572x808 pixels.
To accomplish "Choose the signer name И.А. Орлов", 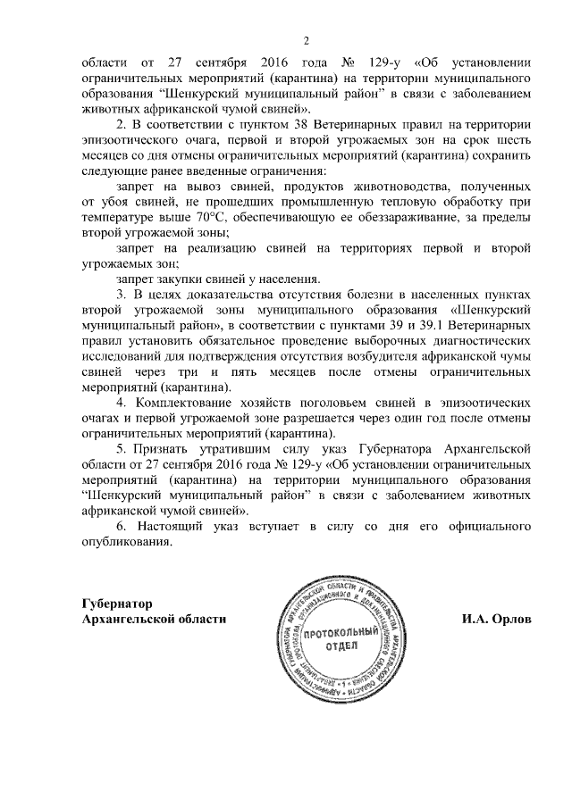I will pos(490,619).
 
